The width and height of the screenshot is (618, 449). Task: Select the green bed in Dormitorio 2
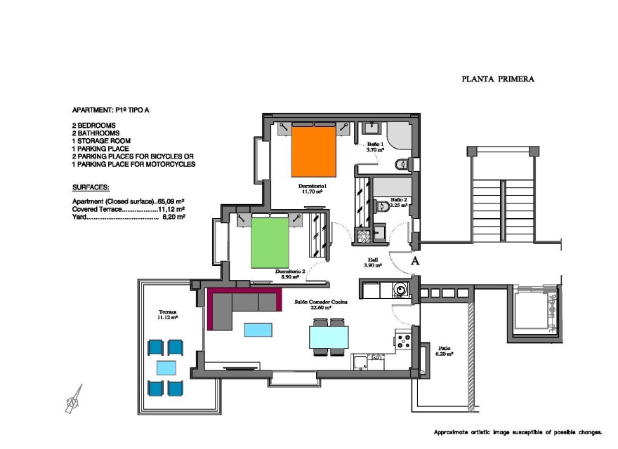pos(271,241)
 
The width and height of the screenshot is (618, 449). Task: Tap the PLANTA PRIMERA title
pos(498,79)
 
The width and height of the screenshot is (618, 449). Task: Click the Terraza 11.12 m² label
pos(167,314)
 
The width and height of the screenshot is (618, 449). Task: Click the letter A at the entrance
pos(415,261)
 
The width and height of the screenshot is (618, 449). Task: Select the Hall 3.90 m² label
pos(372,262)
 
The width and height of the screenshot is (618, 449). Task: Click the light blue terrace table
pos(166,367)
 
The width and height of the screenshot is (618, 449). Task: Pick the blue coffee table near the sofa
pos(258,330)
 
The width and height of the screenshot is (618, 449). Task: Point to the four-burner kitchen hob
pos(404,342)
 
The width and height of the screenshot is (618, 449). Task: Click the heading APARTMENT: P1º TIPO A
pos(114,111)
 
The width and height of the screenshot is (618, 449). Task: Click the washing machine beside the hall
pos(401,289)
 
